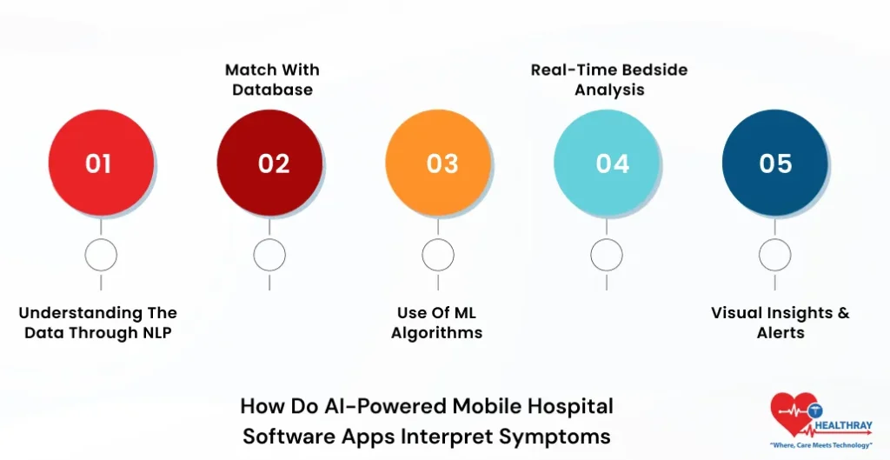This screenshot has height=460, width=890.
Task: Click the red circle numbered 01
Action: pyautogui.click(x=101, y=163)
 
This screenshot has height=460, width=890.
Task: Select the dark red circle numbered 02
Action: pyautogui.click(x=269, y=163)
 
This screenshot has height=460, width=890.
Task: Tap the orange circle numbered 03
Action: pyautogui.click(x=438, y=163)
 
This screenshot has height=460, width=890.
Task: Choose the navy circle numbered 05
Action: pyautogui.click(x=775, y=163)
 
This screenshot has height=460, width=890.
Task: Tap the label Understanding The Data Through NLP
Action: pyautogui.click(x=97, y=323)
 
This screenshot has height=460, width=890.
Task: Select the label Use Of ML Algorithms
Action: pyautogui.click(x=436, y=323)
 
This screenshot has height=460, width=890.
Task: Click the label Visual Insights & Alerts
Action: pyautogui.click(x=780, y=323)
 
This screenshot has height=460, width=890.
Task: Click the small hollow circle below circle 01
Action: pyautogui.click(x=101, y=256)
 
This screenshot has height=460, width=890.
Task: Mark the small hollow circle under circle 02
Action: pyautogui.click(x=269, y=256)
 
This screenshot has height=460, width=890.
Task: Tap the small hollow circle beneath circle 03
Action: pyautogui.click(x=438, y=256)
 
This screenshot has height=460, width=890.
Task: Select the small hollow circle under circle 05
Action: pyautogui.click(x=775, y=256)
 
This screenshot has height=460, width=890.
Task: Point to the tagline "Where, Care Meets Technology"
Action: pyautogui.click(x=820, y=445)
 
